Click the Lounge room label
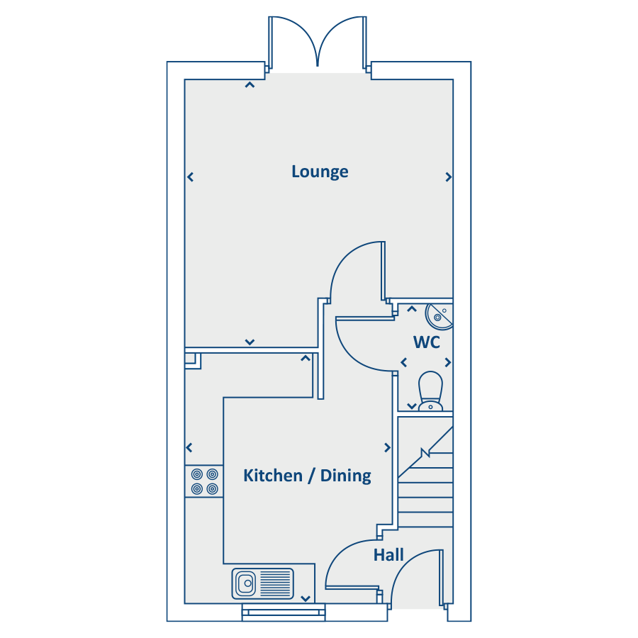320,172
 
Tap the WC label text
427,342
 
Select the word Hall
388,554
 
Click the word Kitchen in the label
273,475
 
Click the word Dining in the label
345,476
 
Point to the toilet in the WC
430,391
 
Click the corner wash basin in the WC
440,316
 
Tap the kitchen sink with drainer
262,583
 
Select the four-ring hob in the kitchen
204,481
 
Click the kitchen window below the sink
284,612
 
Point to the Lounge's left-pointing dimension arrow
190,177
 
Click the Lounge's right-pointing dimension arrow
449,177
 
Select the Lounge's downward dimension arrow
250,342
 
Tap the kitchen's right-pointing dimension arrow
387,447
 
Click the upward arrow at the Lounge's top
250,84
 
